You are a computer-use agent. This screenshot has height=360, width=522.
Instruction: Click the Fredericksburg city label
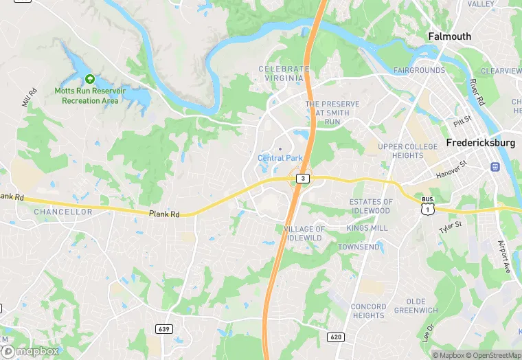[x=480, y=143]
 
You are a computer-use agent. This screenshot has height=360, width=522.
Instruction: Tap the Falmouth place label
[x=449, y=36]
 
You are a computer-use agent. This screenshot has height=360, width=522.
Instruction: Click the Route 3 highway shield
[x=303, y=178]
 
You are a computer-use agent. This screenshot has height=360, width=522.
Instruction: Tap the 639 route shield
[x=163, y=329]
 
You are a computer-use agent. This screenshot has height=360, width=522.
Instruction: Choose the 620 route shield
[x=336, y=337]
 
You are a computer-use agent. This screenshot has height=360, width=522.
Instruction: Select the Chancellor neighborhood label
[x=63, y=212]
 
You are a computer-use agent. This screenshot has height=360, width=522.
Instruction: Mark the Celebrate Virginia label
[x=284, y=74]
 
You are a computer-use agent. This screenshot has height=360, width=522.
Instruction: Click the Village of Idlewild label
[x=304, y=233]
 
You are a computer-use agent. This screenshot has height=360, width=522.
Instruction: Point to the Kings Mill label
[x=367, y=228]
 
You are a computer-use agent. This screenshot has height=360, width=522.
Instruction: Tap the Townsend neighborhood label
[x=359, y=247]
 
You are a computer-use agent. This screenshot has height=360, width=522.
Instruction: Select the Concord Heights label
[x=368, y=311]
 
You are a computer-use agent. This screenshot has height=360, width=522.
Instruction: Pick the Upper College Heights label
[x=407, y=151]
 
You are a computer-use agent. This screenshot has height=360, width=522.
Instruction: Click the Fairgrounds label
[x=419, y=71]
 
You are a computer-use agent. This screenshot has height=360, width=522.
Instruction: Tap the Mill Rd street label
[x=29, y=98]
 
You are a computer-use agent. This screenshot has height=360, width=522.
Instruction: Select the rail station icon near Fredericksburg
[x=495, y=167]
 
